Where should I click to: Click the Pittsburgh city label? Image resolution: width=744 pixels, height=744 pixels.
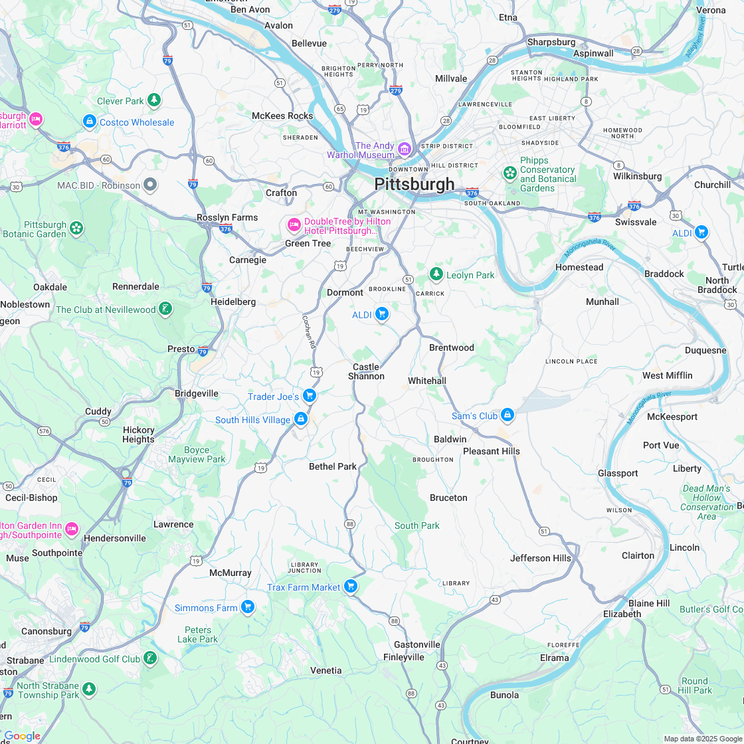coord(415,184)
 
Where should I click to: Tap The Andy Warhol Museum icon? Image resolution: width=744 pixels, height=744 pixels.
coord(405,147)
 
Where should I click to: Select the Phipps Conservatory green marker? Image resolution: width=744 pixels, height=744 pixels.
coord(510,173)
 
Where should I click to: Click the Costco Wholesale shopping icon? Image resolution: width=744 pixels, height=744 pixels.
coord(90,122)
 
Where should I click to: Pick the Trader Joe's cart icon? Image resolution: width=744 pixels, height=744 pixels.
coord(309,396)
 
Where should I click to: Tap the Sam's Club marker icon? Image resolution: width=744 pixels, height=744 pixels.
coord(508,415)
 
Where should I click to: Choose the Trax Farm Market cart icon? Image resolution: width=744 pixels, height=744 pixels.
coord(351,587)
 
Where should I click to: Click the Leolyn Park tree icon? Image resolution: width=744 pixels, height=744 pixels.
coord(436,274)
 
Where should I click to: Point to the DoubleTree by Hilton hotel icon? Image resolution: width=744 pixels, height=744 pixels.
coord(294,225)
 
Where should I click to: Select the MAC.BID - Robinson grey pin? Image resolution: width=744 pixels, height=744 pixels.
coord(151,185)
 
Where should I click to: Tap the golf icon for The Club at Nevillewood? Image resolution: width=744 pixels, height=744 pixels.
coord(165,309)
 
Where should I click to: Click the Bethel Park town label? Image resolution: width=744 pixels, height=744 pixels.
coord(333,466)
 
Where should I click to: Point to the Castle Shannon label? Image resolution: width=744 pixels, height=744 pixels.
coord(366,371)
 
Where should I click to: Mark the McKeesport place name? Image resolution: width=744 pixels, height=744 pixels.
coord(672,417)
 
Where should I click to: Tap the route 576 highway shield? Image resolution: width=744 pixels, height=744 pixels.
coord(44,430)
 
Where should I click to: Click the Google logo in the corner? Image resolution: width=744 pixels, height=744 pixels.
coord(22,735)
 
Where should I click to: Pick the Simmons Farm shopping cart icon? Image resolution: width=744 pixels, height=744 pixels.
coord(248,607)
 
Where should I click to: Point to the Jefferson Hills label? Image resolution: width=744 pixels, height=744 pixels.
coord(540,558)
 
